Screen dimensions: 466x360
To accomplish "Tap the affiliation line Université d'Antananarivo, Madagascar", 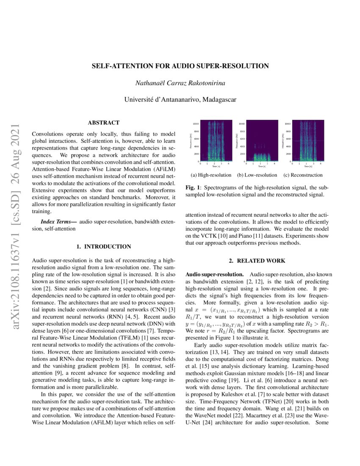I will (180, 100).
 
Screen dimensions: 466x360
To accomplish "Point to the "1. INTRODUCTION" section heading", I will (103, 247).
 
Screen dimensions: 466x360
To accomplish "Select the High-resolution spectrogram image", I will (216, 141).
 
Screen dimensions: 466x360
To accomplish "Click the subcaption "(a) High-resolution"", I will (211, 175).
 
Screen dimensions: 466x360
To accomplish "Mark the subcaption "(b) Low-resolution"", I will (257, 175).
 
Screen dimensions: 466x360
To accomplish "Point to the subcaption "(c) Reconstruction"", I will (303, 175).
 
